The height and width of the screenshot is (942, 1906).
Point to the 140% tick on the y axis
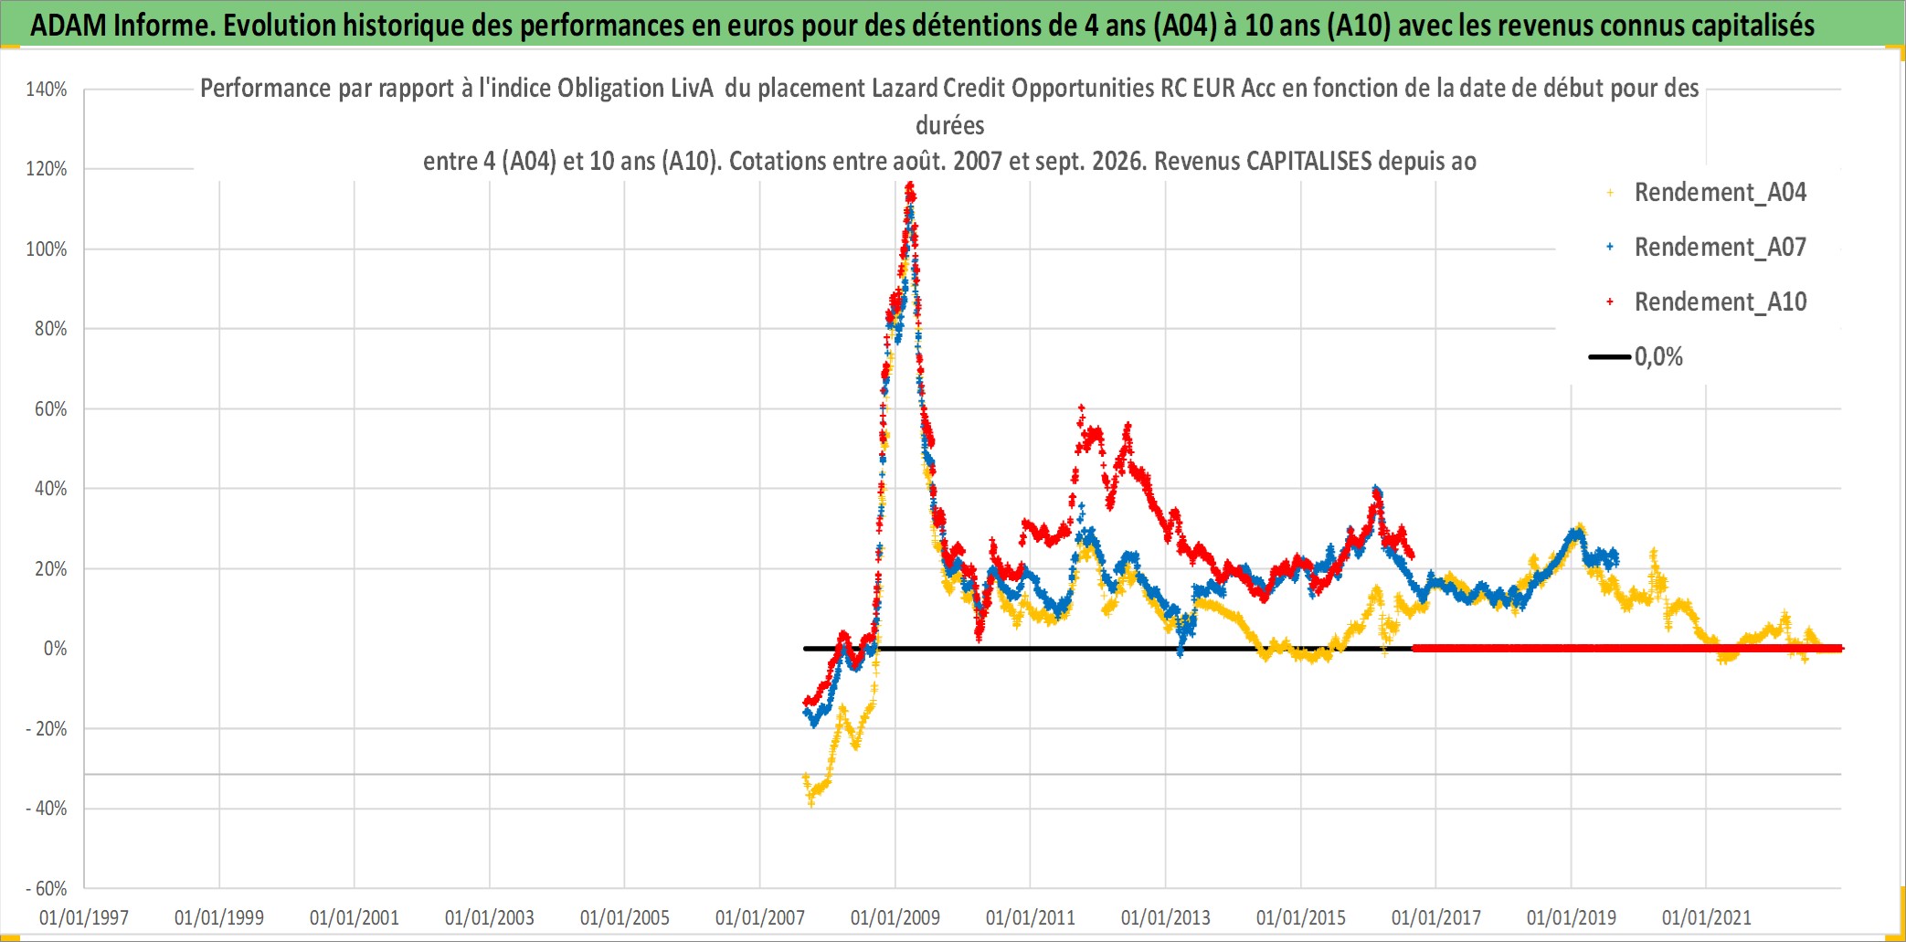tap(47, 90)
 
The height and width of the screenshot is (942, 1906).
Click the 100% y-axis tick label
tap(47, 249)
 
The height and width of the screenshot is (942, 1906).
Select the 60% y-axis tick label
tap(51, 408)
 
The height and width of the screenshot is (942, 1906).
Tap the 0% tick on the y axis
tap(56, 649)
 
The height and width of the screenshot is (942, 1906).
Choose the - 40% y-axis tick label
tap(47, 809)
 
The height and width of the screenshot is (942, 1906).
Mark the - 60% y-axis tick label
tap(47, 888)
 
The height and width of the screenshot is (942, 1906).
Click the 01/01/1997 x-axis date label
tap(84, 917)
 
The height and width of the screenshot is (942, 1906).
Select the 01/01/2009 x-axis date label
tap(895, 917)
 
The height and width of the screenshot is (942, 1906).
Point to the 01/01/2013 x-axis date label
tap(1166, 917)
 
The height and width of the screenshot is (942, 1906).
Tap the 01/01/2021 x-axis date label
tap(1707, 917)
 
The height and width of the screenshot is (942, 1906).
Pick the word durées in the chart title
tap(950, 125)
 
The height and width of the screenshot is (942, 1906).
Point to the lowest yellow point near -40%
tap(810, 802)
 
